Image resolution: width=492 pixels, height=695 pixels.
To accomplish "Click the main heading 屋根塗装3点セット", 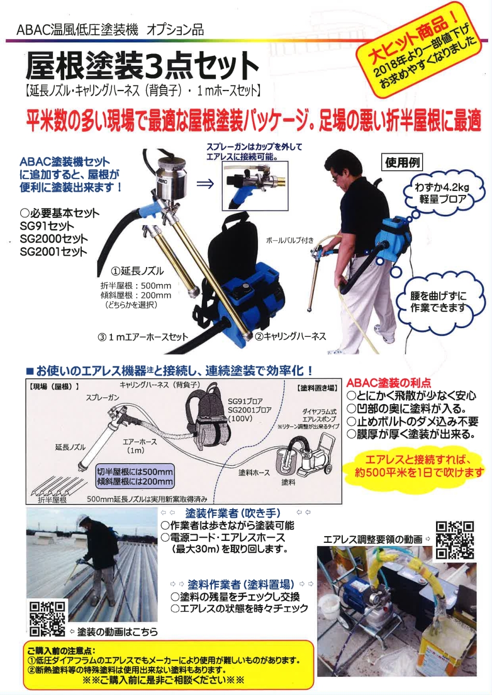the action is coord(142,66).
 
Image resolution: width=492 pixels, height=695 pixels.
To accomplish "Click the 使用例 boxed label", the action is coord(402,162).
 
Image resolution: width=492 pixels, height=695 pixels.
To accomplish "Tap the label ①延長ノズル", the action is coord(137,271).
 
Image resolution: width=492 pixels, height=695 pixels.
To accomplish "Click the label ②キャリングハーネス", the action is coord(290,336).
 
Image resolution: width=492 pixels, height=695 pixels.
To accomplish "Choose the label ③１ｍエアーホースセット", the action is coord(143,337).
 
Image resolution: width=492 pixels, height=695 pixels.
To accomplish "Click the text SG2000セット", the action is coord(54,239).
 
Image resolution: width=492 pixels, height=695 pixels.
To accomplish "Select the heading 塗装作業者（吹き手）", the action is coord(233,513).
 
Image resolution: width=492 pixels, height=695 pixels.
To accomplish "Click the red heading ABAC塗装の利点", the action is coord(388,383).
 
